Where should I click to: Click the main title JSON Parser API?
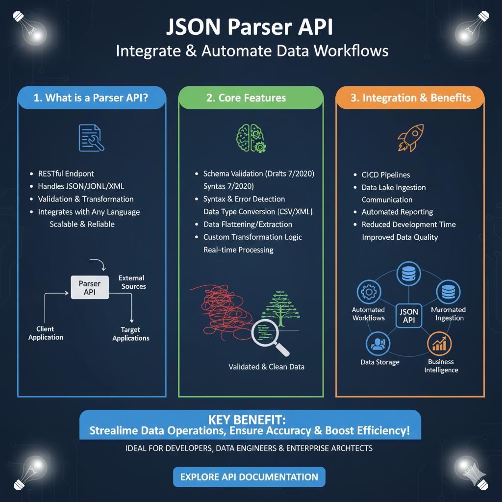coord(250,27)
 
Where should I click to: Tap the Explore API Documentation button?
coord(249,477)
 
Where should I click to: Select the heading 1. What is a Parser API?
coord(92,98)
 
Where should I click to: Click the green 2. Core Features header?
coord(251,98)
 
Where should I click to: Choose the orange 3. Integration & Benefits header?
coord(410,98)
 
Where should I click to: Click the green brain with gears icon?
coord(251,137)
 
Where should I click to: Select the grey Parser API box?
coord(90,288)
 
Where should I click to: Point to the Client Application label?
coord(46,333)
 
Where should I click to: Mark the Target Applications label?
coord(130,334)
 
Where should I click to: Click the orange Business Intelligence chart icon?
coord(439,344)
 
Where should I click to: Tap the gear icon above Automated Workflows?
coord(367,292)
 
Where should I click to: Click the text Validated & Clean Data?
coord(266,367)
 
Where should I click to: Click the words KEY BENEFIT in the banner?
coord(250,421)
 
